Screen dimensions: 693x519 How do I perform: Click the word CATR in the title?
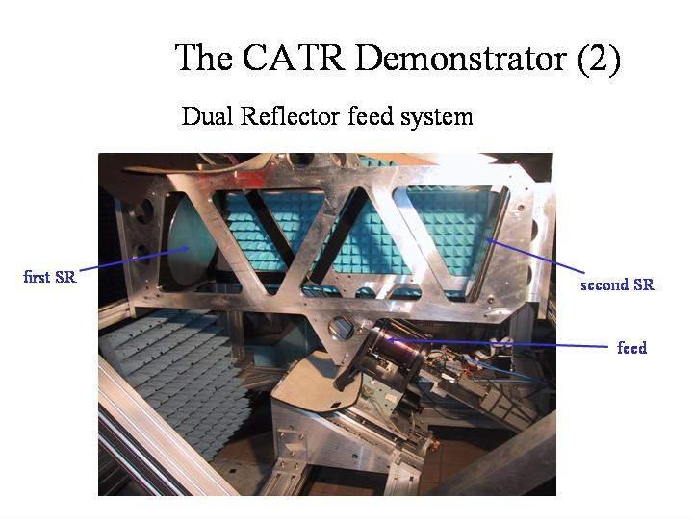coord(294,58)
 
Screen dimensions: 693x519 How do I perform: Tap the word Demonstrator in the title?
coord(461,58)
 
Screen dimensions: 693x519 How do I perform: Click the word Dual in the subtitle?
coord(207,116)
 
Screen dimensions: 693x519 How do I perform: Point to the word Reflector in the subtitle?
coord(290,116)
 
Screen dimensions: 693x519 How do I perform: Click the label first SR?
coord(49,277)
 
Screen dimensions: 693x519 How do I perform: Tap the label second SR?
coord(617,284)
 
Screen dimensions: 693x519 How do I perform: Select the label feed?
coord(631,347)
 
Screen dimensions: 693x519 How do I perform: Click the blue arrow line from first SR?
coord(135,259)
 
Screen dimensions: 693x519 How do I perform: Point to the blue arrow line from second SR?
coord(536,256)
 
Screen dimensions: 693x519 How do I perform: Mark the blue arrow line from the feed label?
coord(498,343)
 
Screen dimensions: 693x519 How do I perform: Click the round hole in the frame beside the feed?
coord(342,328)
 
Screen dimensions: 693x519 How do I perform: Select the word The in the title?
coord(203,58)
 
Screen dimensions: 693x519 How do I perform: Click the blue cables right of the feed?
coord(508,372)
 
